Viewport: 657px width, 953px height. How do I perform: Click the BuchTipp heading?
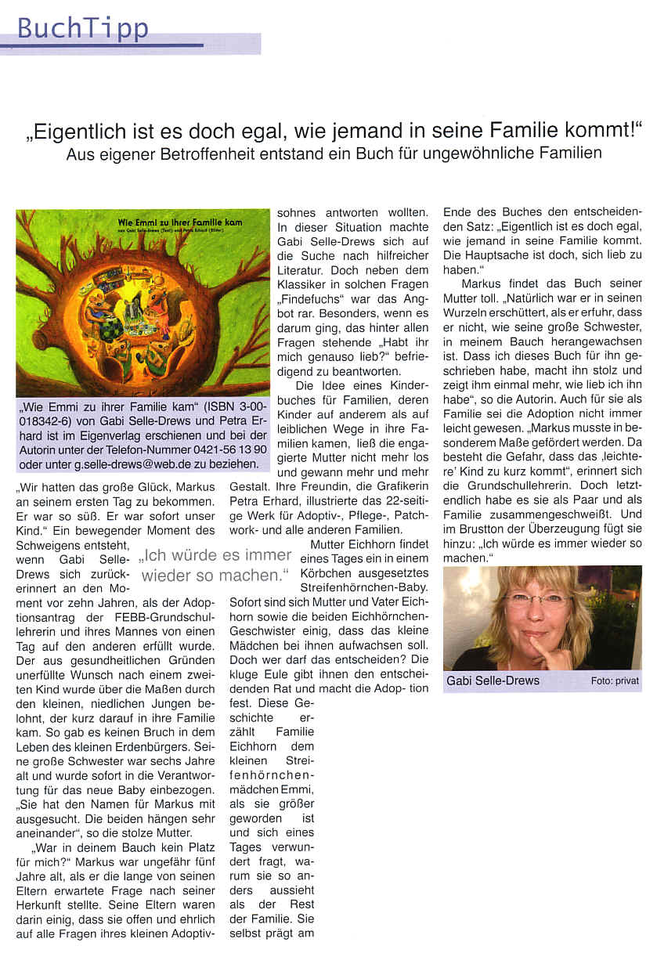(x=82, y=28)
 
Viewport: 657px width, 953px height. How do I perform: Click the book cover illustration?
(x=143, y=303)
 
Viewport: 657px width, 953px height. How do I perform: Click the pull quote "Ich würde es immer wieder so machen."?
(x=215, y=565)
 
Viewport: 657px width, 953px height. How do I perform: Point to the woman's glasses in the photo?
(x=537, y=598)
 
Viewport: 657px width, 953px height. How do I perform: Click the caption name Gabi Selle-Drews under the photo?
(x=493, y=680)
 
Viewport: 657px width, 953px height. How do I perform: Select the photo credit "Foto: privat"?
(x=615, y=681)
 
